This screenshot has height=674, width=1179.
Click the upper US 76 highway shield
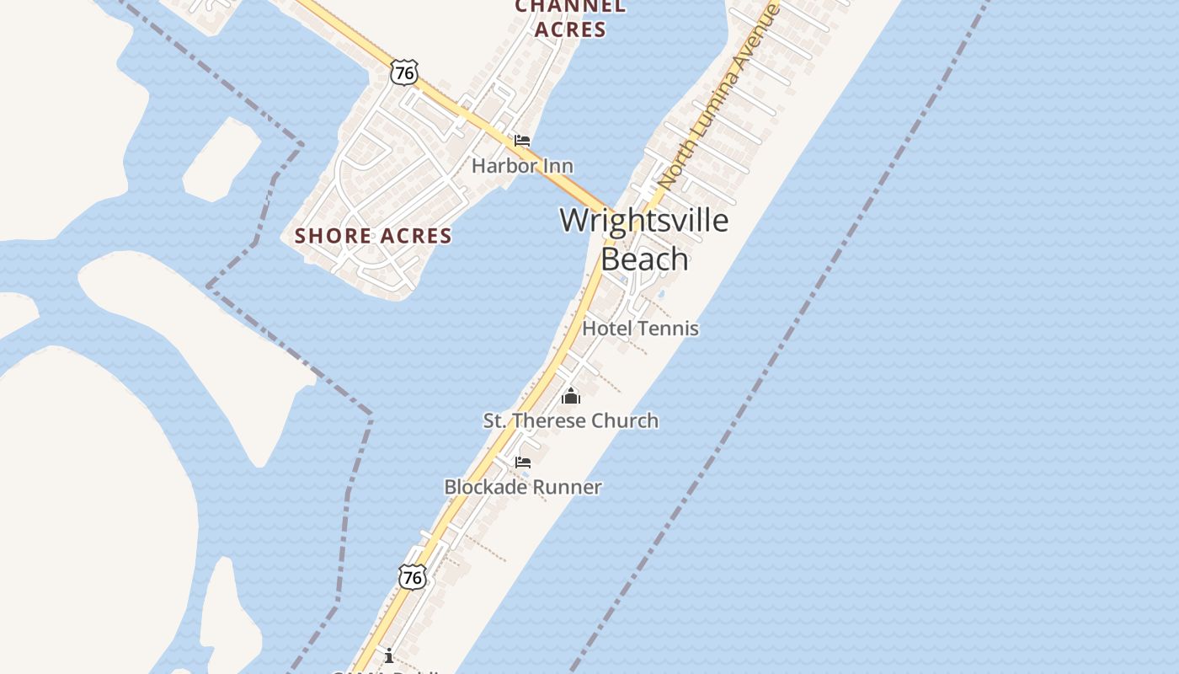404,72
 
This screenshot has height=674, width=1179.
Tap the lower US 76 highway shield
412,577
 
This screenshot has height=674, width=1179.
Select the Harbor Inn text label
522,166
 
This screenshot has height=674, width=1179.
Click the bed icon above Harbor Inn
522,140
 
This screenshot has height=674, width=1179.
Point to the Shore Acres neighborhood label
373,236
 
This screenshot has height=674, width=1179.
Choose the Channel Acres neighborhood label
570,18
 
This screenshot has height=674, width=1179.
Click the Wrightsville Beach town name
644,239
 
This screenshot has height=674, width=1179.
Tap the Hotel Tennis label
640,328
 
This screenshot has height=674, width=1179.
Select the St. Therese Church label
570,420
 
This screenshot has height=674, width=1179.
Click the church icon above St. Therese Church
571,395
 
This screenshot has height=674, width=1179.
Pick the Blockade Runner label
522,487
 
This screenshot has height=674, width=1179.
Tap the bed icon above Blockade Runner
523,463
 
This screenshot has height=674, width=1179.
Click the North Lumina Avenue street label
718,95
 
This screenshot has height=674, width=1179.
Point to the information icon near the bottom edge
389,655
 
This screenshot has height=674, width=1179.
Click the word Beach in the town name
645,259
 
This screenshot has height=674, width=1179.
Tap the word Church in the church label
625,420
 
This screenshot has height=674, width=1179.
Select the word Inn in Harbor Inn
557,166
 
